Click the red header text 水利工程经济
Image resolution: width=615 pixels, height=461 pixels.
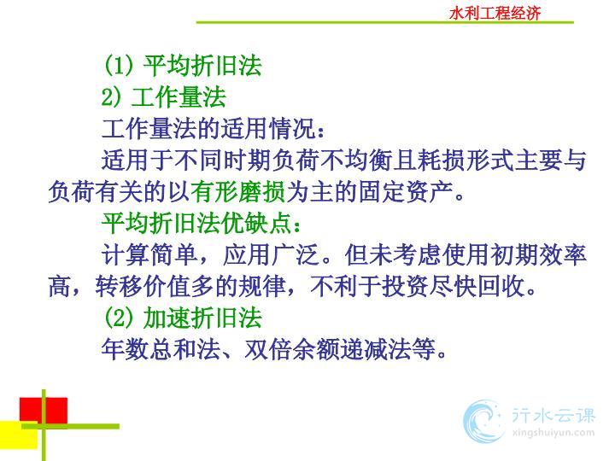pyautogui.click(x=495, y=13)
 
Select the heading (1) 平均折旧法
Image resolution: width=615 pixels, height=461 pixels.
pyautogui.click(x=183, y=65)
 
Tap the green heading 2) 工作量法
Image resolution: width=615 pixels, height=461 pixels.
pyautogui.click(x=163, y=96)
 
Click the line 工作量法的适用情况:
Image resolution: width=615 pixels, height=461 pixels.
pyautogui.click(x=214, y=128)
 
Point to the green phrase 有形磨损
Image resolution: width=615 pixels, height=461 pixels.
pyautogui.click(x=238, y=192)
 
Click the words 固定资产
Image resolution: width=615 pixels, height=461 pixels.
pyautogui.click(x=406, y=192)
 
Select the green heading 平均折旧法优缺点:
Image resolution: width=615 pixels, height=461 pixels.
pyautogui.click(x=202, y=224)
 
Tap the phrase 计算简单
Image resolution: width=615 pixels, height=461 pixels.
pyautogui.click(x=149, y=255)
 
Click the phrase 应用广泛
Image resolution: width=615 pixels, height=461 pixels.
pyautogui.click(x=271, y=255)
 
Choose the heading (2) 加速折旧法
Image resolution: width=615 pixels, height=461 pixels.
pyautogui.click(x=183, y=318)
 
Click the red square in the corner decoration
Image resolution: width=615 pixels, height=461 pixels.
pyautogui.click(x=44, y=410)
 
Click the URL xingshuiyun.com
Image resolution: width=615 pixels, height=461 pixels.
pyautogui.click(x=553, y=433)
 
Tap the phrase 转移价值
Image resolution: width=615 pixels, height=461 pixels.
pyautogui.click(x=143, y=287)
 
